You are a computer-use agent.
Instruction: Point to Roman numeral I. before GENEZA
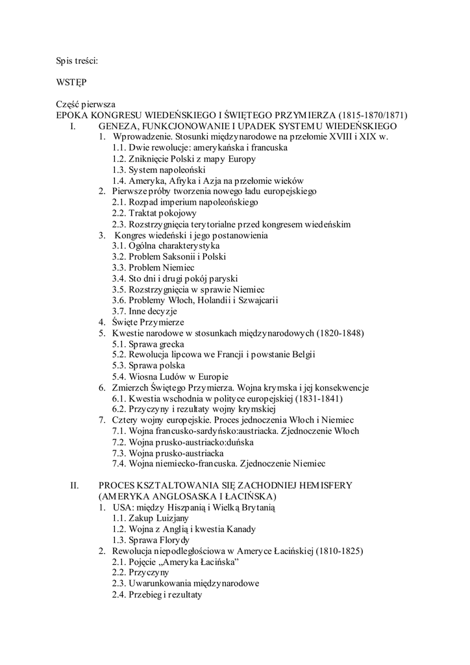click(73, 126)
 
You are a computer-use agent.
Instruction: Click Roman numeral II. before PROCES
click(74, 485)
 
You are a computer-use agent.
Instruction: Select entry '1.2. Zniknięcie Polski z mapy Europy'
click(184, 158)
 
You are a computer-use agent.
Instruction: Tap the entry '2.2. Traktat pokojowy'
click(154, 213)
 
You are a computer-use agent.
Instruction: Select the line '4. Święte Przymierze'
click(141, 322)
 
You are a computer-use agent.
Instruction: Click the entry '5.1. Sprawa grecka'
click(149, 344)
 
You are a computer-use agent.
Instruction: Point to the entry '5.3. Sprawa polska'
click(149, 366)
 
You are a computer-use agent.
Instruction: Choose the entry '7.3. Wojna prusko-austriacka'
click(168, 453)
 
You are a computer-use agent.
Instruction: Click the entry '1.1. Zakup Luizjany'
click(150, 518)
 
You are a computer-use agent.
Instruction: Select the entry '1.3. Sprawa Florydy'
click(151, 540)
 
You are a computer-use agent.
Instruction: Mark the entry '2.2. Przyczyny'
click(140, 573)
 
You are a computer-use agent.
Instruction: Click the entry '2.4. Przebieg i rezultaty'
click(156, 594)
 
